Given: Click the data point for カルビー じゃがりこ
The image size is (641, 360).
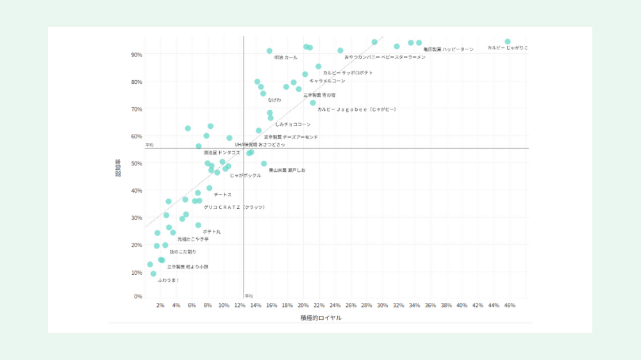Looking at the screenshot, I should [x=508, y=42].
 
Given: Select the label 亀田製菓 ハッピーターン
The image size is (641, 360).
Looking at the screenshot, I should [x=448, y=49].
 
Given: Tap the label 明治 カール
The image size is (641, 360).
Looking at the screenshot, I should [x=286, y=58].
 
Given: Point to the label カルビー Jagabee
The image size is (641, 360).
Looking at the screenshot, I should [x=356, y=110].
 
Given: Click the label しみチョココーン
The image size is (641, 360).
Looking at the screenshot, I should [x=292, y=124].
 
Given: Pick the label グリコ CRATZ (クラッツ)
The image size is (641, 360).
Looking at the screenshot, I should [x=234, y=208].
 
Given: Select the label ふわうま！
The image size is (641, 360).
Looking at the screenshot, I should [x=169, y=280].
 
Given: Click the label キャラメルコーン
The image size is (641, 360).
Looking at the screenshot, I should [x=327, y=81].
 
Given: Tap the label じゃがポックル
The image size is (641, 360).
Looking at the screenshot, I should [x=246, y=176].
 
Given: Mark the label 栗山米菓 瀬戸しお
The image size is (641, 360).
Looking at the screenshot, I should [x=287, y=170].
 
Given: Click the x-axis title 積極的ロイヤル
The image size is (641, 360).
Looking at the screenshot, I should [x=320, y=318].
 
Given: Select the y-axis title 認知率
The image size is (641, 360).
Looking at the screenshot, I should [x=119, y=168].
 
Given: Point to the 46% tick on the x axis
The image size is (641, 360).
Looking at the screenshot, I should [x=510, y=306].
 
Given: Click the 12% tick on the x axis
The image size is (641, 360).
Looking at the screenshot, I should [x=240, y=306].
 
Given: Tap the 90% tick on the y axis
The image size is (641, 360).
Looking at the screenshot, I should [x=137, y=55].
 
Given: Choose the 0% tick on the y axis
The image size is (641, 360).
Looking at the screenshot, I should [x=138, y=297].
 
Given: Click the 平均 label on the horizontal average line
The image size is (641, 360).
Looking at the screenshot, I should [x=149, y=145].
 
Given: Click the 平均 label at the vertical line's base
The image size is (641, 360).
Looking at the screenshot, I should [x=249, y=296].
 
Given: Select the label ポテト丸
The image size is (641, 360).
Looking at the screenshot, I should [x=212, y=231].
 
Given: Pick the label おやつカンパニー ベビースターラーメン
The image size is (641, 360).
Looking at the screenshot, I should [x=385, y=58].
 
